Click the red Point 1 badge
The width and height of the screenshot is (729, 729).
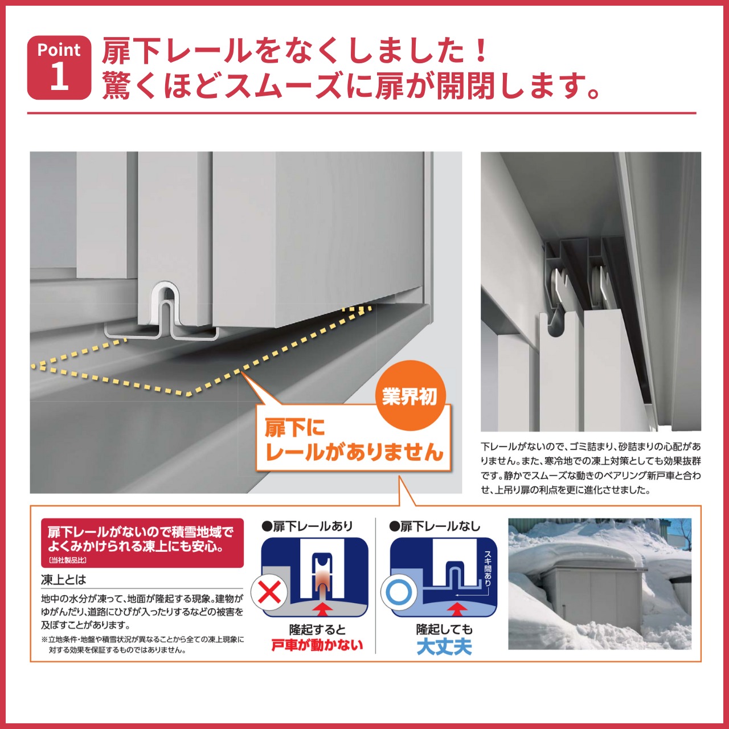pos(59,67)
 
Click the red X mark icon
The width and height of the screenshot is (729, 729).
pos(269,592)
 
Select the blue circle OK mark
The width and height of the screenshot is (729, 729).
pos(399,592)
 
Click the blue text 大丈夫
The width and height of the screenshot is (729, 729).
pos(444,647)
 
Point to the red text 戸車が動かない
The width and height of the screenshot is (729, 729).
pos(317,645)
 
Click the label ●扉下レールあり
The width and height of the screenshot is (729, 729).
pos(307,526)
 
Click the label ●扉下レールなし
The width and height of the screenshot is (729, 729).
pos(435,526)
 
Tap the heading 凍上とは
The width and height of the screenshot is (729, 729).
pos(63,580)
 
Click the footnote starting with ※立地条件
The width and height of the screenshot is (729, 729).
pos(142,644)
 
